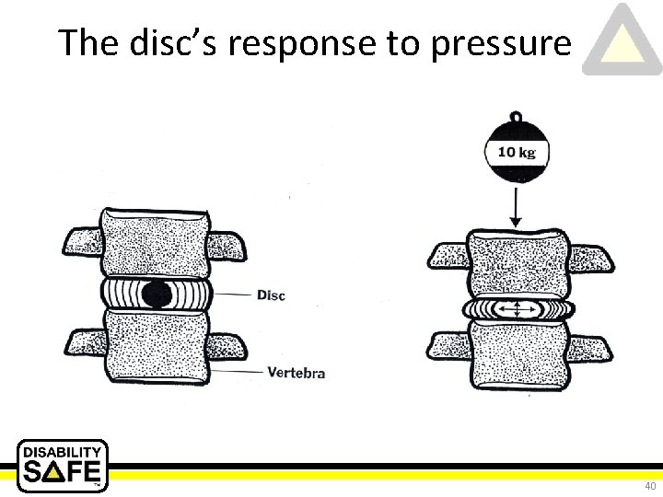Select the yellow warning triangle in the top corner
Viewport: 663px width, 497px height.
pyautogui.click(x=622, y=42)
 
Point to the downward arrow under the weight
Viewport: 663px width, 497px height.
pyautogui.click(x=516, y=206)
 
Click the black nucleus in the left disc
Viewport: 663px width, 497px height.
pyautogui.click(x=157, y=294)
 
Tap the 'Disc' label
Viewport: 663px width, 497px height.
pyautogui.click(x=271, y=295)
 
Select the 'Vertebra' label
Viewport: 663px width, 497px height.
pyautogui.click(x=297, y=373)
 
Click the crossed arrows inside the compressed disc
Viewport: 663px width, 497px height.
pyautogui.click(x=517, y=308)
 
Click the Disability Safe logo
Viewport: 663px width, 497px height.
pyautogui.click(x=63, y=465)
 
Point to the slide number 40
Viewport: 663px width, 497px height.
pyautogui.click(x=649, y=485)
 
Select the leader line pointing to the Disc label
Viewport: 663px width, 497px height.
pyautogui.click(x=231, y=295)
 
